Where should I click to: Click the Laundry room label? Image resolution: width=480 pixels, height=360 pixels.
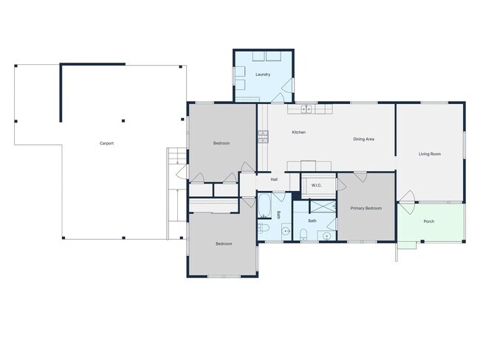(x=263, y=75)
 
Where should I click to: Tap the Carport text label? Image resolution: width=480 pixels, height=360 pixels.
(x=106, y=143)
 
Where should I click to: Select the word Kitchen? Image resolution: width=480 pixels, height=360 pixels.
(x=299, y=132)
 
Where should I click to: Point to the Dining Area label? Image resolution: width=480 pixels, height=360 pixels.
(x=363, y=139)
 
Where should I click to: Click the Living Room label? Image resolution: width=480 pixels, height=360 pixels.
(x=430, y=154)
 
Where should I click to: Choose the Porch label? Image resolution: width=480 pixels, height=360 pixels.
(x=429, y=221)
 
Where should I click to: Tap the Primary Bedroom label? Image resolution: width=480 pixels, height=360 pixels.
(x=366, y=208)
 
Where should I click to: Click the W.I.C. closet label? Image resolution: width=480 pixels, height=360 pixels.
(x=317, y=185)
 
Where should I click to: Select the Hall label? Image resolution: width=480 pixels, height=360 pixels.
(x=274, y=179)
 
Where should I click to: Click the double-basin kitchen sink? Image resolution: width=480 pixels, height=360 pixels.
(x=306, y=109)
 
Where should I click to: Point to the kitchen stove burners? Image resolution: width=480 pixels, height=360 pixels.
(x=263, y=136)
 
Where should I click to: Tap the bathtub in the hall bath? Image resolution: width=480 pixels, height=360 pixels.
(x=264, y=205)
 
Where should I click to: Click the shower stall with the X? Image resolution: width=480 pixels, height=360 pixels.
(x=323, y=207)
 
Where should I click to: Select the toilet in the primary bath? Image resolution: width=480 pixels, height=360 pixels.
(x=303, y=234)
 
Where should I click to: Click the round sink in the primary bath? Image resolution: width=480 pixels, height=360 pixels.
(x=326, y=236)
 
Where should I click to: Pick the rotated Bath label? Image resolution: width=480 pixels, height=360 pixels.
(x=278, y=215)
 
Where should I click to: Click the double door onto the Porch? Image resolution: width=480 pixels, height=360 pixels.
(x=407, y=198)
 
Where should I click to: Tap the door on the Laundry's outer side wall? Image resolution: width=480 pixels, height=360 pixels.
(x=287, y=86)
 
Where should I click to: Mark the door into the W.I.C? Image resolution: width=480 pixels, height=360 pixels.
(x=341, y=184)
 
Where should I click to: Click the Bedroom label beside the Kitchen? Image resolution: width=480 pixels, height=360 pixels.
(x=222, y=143)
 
